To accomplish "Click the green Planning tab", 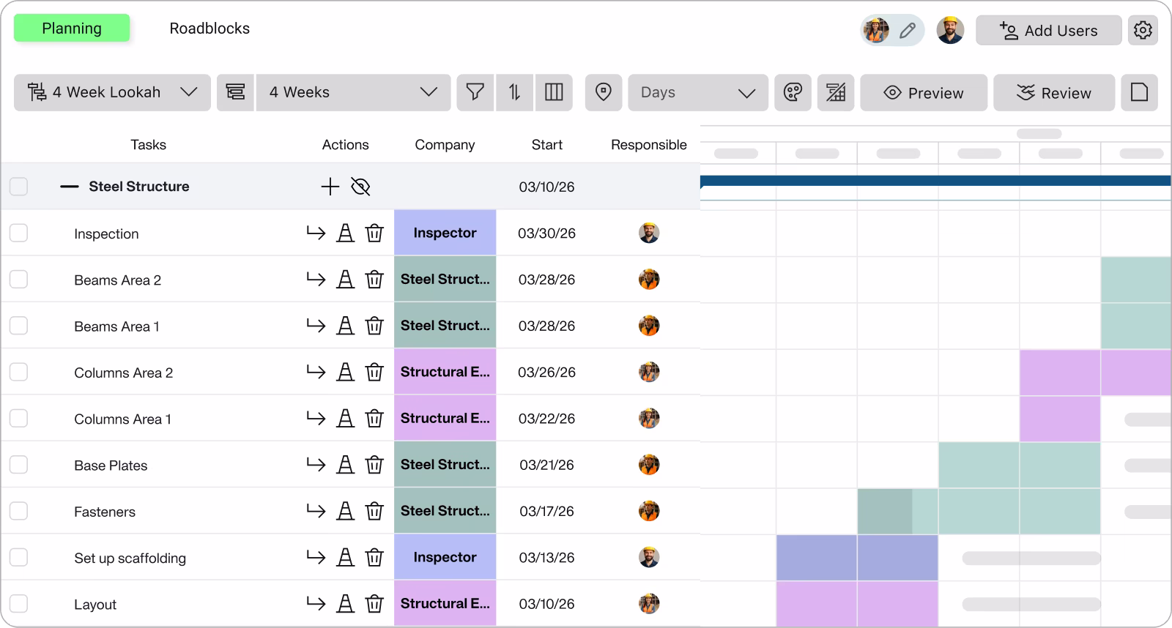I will coord(72,29).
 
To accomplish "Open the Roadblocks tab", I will coord(209,29).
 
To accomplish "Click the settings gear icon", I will coord(1143,30).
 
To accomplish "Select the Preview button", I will coord(924,93).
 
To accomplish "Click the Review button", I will coord(1053,93).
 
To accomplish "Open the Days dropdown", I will coord(697,93).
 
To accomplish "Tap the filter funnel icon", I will coord(475,92).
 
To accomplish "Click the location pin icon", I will coord(603,92).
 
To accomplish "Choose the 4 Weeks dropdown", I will coord(353,92).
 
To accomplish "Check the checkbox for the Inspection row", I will coord(18,233).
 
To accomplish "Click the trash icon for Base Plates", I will coord(374,465).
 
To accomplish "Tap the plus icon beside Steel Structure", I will coord(330,187).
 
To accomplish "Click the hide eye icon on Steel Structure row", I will coord(360,187).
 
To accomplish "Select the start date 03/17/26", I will coord(546,511).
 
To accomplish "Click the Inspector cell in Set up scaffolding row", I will coord(445,557).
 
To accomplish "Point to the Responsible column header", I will coord(648,145).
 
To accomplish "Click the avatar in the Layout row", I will coord(648,604).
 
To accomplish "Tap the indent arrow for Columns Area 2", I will coord(316,372).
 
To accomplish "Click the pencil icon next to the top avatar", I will coord(908,31).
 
